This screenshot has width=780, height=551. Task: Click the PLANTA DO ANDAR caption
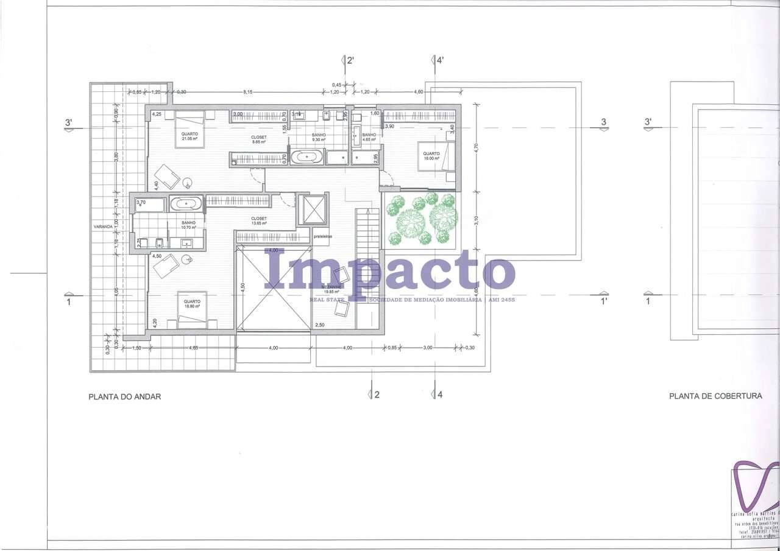(x=125, y=396)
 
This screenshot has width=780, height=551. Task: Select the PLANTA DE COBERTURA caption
(x=715, y=396)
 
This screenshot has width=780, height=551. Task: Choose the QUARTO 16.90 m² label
(x=192, y=304)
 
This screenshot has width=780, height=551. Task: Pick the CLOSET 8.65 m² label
(x=259, y=139)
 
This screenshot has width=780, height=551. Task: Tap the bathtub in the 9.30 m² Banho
(x=307, y=158)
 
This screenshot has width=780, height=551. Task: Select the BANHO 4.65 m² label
(x=369, y=137)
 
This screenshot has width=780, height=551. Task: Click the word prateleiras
(x=322, y=236)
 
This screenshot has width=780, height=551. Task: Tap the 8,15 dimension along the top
(x=248, y=92)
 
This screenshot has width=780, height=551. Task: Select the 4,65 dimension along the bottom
(x=193, y=348)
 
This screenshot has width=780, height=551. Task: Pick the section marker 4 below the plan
(x=438, y=394)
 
